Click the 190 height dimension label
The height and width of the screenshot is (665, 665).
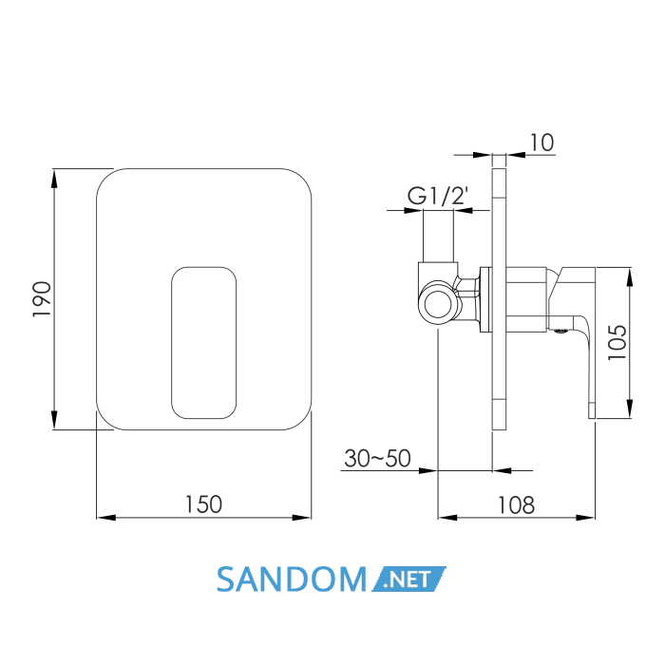coord(42,298)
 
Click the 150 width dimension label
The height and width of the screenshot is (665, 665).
coord(203,504)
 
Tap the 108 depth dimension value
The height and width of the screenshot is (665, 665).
coord(516,505)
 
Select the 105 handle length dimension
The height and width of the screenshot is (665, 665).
coord(617,343)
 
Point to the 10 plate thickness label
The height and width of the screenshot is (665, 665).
coord(541,142)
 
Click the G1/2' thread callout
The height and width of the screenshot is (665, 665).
coord(438,196)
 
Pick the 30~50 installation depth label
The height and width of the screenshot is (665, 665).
coord(377,458)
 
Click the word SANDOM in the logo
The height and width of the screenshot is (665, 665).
coord(292,579)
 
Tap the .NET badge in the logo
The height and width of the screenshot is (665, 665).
coord(408,579)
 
